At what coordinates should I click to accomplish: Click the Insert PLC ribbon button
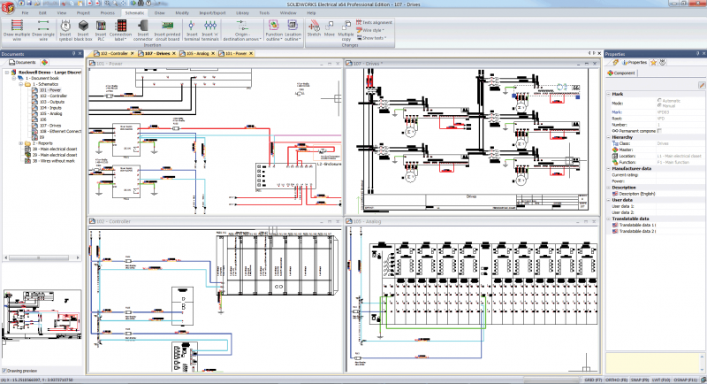click(x=102, y=32)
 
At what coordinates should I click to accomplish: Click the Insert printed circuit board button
click(x=167, y=32)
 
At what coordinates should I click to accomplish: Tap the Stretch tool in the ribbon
click(x=314, y=31)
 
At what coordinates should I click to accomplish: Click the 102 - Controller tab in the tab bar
click(x=114, y=54)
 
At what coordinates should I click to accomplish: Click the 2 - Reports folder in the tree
click(x=35, y=142)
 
